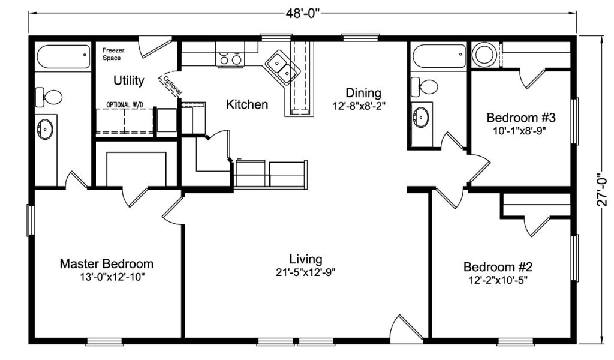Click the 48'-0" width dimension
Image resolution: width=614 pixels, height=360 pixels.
pos(303,13)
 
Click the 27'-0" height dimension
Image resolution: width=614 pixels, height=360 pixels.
pos(603,190)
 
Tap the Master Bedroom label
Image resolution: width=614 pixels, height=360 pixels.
pos(107,263)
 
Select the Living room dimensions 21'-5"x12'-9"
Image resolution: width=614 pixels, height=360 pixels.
pos(305,272)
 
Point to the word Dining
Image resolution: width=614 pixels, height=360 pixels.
pos(363,93)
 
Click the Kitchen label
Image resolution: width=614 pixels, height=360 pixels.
pos(247,104)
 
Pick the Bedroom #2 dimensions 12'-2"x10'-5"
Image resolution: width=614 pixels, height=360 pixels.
pos(498,280)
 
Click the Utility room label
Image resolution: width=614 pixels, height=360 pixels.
pos(129,80)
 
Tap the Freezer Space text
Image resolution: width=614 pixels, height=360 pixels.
pos(113,54)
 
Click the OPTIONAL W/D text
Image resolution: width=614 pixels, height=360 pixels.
pos(125,104)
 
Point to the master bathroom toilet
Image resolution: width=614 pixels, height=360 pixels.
pos(49,97)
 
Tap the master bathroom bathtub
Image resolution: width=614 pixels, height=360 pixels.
pos(64,57)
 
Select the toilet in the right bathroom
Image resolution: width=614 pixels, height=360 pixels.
pos(425,86)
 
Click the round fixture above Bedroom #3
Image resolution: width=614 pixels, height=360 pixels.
pos(484,54)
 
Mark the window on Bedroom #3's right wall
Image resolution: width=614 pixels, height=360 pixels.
pos(574,121)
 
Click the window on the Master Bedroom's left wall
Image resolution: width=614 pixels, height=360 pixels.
pos(31,220)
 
